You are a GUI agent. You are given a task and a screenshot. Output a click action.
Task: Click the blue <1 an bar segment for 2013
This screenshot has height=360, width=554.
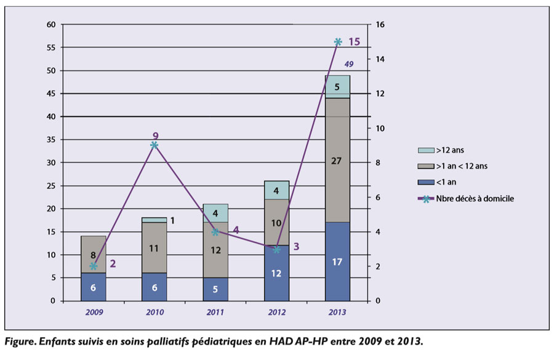pyautogui.click(x=337, y=262)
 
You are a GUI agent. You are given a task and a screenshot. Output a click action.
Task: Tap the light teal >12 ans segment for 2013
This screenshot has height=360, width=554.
pyautogui.click(x=337, y=87)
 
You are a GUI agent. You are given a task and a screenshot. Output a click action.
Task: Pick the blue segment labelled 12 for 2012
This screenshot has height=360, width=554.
pyautogui.click(x=276, y=273)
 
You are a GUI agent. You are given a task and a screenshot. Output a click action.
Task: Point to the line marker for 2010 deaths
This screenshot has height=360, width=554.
pyautogui.click(x=154, y=145)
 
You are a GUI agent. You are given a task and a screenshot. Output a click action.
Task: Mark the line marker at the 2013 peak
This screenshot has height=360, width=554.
pyautogui.click(x=337, y=42)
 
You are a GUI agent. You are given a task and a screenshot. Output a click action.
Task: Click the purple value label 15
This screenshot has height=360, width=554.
pyautogui.click(x=354, y=42)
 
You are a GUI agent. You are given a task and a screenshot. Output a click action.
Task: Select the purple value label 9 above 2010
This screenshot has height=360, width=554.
pyautogui.click(x=155, y=136)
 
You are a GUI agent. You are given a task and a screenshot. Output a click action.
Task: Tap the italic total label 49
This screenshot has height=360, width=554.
pyautogui.click(x=349, y=64)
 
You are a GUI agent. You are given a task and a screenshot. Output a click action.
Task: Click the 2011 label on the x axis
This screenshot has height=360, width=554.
pyautogui.click(x=215, y=313)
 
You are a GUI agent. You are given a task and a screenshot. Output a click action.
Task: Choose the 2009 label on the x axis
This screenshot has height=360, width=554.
pyautogui.click(x=94, y=313)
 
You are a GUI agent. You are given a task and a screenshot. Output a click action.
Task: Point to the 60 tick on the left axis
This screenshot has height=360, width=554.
pyautogui.click(x=51, y=25)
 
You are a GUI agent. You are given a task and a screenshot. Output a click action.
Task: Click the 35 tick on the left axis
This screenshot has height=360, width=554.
pyautogui.click(x=51, y=140)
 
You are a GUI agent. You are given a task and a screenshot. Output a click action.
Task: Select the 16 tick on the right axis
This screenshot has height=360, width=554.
pyautogui.click(x=380, y=25)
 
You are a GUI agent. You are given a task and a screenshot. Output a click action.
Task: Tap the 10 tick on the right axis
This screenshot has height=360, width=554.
pyautogui.click(x=380, y=128)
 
